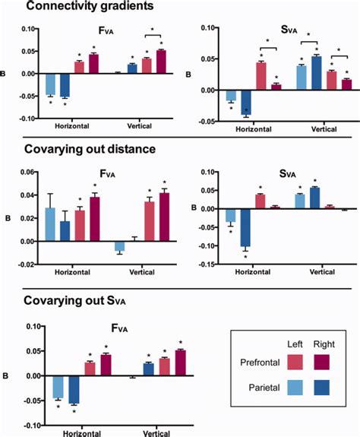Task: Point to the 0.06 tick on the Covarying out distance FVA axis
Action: pyautogui.click(x=30, y=173)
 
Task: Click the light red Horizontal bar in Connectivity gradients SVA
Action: pyautogui.click(x=261, y=76)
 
